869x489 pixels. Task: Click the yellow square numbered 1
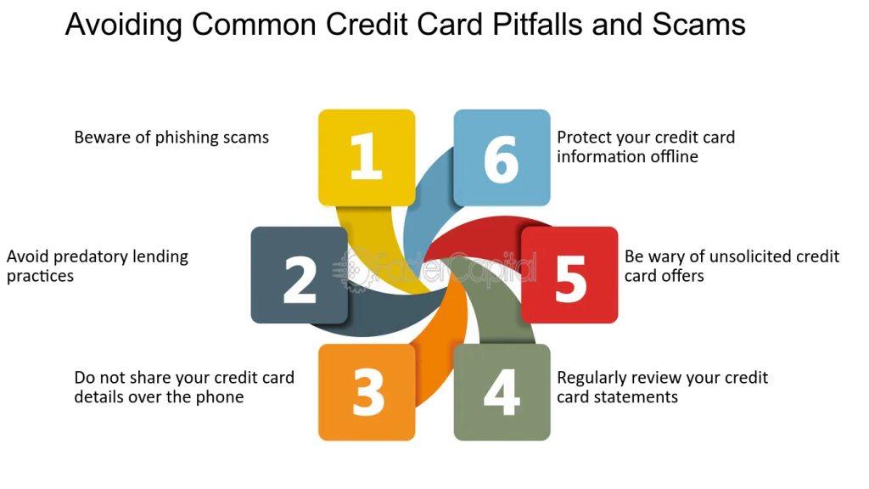click(x=367, y=158)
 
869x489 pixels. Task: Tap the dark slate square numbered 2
click(x=300, y=275)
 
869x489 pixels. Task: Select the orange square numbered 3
click(x=367, y=392)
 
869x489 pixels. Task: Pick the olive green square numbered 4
click(x=502, y=392)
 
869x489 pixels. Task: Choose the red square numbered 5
click(x=569, y=275)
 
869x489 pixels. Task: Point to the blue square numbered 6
click(x=502, y=158)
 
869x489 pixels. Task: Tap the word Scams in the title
click(x=698, y=25)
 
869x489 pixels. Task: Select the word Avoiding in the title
click(x=124, y=25)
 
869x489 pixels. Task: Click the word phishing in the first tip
click(x=188, y=138)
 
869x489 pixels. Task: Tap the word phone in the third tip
click(x=220, y=397)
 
